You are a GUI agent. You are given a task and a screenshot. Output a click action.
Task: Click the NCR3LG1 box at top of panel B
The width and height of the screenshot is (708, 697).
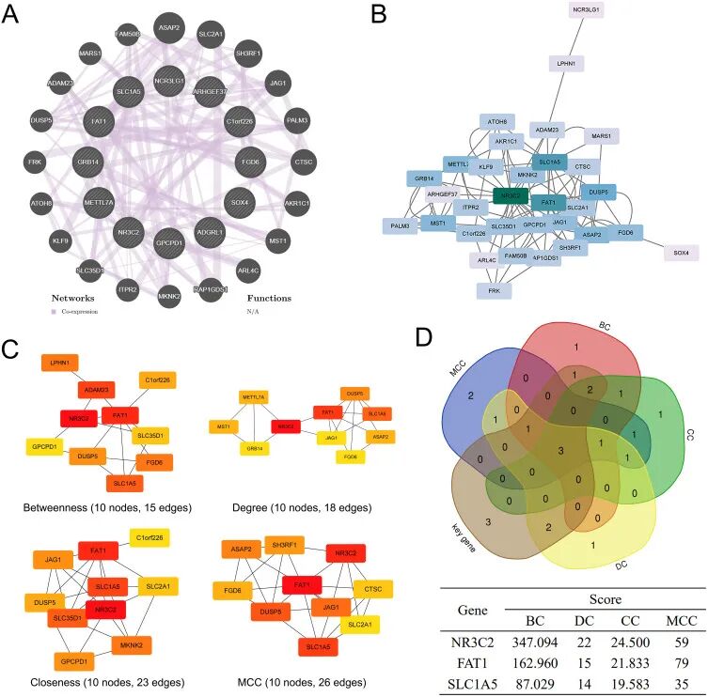(x=586, y=10)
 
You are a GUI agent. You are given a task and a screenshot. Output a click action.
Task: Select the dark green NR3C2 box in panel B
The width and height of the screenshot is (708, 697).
(x=512, y=196)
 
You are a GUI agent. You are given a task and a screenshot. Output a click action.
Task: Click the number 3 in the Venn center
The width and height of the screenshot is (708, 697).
(x=561, y=452)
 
